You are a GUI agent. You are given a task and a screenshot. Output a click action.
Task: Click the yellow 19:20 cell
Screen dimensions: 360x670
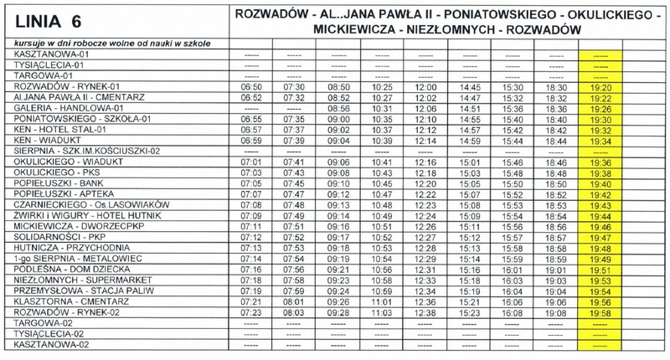(x=599, y=86)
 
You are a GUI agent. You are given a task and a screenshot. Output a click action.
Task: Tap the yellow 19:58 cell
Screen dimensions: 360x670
(x=599, y=312)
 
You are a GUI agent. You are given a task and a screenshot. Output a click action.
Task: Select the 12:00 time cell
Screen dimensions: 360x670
(x=425, y=86)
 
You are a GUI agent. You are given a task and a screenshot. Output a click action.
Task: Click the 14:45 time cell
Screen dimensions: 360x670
(x=469, y=86)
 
